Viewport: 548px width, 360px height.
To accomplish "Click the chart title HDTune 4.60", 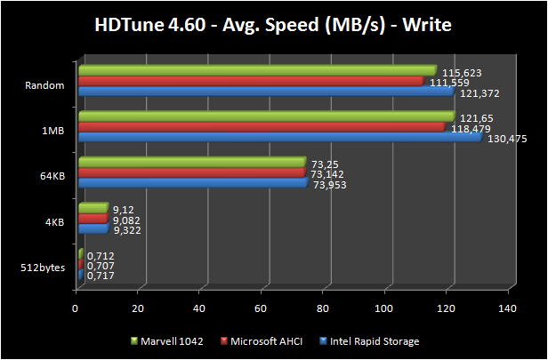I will pos(273,24).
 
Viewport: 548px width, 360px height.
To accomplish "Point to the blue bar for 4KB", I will pos(93,229).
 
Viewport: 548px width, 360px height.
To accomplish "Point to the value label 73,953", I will pos(329,185).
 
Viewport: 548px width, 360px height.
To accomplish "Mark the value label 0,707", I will pos(101,265).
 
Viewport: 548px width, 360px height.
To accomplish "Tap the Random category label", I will pos(46,85).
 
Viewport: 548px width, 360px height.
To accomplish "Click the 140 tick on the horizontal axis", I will pos(507,308).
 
